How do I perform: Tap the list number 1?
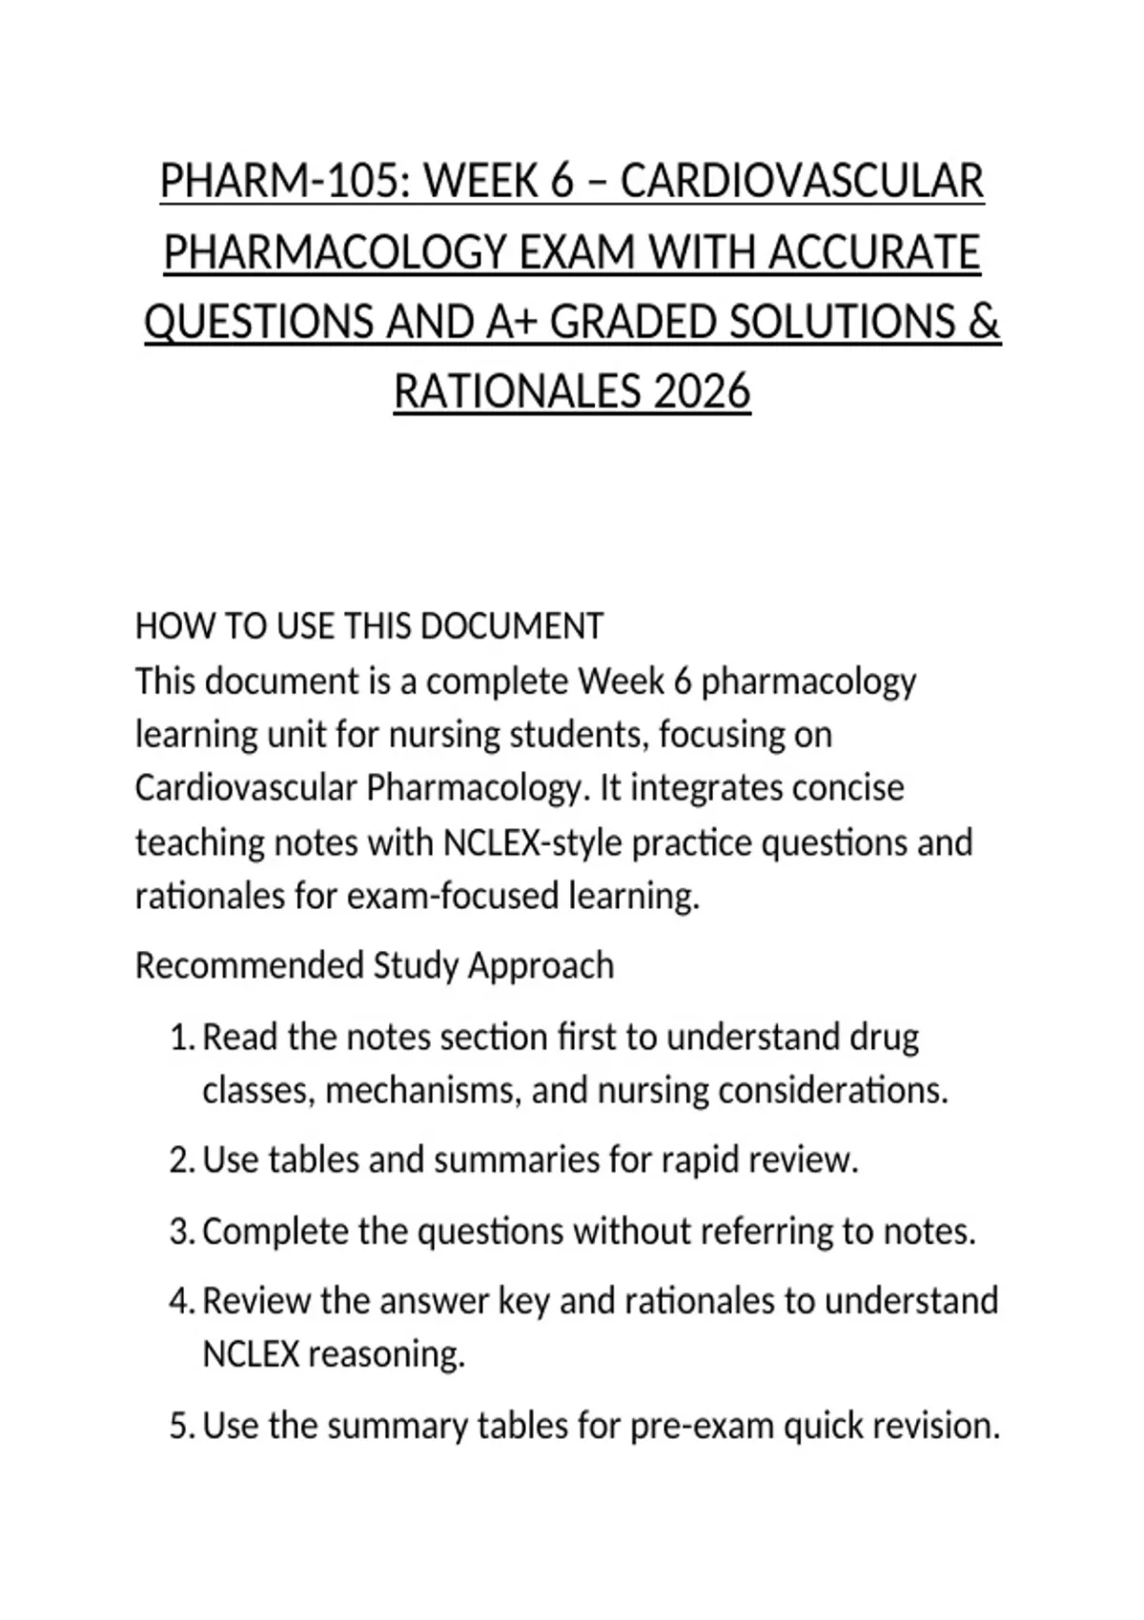(x=181, y=1037)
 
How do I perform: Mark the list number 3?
(x=181, y=1231)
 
